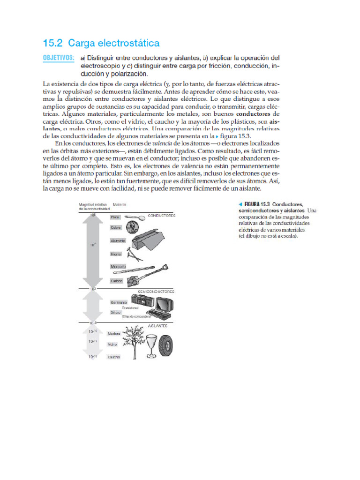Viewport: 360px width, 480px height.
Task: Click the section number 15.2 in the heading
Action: tap(52, 44)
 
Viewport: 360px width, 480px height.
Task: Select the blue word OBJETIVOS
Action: tap(59, 58)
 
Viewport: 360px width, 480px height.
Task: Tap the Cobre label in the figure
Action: tap(116, 227)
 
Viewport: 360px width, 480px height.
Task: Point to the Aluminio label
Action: tap(118, 240)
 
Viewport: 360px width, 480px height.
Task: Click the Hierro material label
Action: tap(116, 254)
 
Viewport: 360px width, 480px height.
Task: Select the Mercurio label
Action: tap(118, 266)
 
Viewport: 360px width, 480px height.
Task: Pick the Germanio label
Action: tap(119, 302)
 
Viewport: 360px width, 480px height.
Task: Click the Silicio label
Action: tap(116, 312)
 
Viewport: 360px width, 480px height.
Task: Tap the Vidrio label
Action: tap(112, 344)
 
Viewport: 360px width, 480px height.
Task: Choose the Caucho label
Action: tap(114, 357)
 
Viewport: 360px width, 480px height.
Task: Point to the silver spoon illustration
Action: tap(135, 217)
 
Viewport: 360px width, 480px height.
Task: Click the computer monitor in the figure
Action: tap(165, 305)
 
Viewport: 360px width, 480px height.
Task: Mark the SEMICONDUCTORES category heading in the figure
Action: tap(156, 291)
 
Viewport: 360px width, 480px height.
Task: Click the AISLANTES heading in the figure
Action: tap(157, 325)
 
